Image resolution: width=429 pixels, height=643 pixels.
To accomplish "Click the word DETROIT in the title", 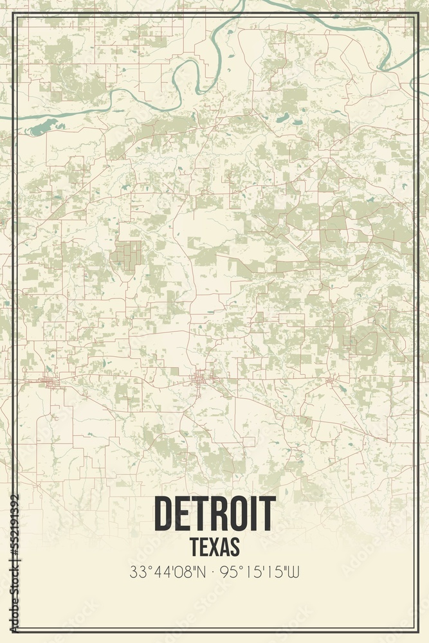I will (x=215, y=514).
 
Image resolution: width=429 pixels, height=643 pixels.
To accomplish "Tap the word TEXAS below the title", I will (x=215, y=547).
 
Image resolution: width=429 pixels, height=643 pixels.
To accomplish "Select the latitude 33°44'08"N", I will (x=169, y=572).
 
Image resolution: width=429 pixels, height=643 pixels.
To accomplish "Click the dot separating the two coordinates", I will (x=215, y=572).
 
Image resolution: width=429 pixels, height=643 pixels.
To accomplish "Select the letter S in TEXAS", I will (x=235, y=547).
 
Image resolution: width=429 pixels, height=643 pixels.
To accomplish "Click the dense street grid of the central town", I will (x=201, y=379).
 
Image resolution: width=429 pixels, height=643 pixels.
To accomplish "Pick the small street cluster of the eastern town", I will (x=330, y=383).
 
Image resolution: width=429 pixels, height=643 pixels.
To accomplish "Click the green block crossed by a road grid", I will (x=129, y=254).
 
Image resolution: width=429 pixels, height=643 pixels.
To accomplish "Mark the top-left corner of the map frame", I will (x=14, y=14).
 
